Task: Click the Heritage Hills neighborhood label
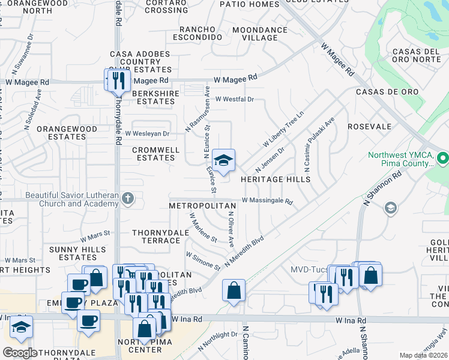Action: coord(276,179)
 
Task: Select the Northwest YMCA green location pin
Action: coord(443,159)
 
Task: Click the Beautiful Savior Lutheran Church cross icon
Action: coord(127,198)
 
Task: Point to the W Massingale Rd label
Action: coord(267,201)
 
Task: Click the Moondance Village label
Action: coord(260,34)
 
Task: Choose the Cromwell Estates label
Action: coord(154,154)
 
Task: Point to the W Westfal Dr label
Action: coord(235,100)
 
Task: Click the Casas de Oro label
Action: coord(378,92)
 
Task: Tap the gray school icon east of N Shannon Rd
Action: coord(390,208)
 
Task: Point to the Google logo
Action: coord(20,352)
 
